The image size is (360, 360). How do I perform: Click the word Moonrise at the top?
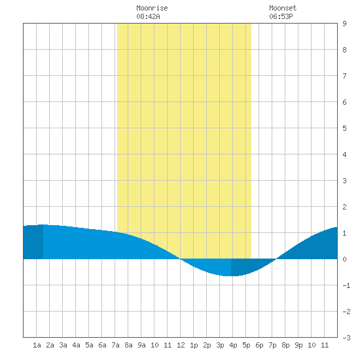tap(152, 8)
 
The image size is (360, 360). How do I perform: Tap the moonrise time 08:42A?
tap(148, 16)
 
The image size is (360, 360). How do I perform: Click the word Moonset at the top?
tap(283, 8)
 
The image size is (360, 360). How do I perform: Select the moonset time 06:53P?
tap(281, 16)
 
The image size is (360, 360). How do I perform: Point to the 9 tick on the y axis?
tap(344, 24)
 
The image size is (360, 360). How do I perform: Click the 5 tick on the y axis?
tap(344, 128)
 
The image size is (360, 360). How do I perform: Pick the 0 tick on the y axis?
tap(344, 259)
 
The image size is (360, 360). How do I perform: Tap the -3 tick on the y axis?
tap(346, 338)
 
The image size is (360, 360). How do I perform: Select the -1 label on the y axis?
tap(346, 285)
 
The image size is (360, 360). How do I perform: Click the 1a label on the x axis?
tap(37, 345)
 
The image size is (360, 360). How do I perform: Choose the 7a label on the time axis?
tap(115, 345)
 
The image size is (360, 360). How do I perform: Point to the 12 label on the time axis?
tap(181, 345)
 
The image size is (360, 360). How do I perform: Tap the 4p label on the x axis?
tap(233, 345)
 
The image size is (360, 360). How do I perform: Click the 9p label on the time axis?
tap(298, 345)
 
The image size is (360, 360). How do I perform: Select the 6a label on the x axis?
tap(102, 345)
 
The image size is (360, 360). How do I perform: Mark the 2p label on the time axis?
tap(207, 345)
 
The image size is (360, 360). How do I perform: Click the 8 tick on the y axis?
tap(344, 50)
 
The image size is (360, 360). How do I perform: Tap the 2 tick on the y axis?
tap(344, 207)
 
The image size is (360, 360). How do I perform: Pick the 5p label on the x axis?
tap(246, 345)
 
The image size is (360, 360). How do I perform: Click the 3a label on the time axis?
tap(63, 345)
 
